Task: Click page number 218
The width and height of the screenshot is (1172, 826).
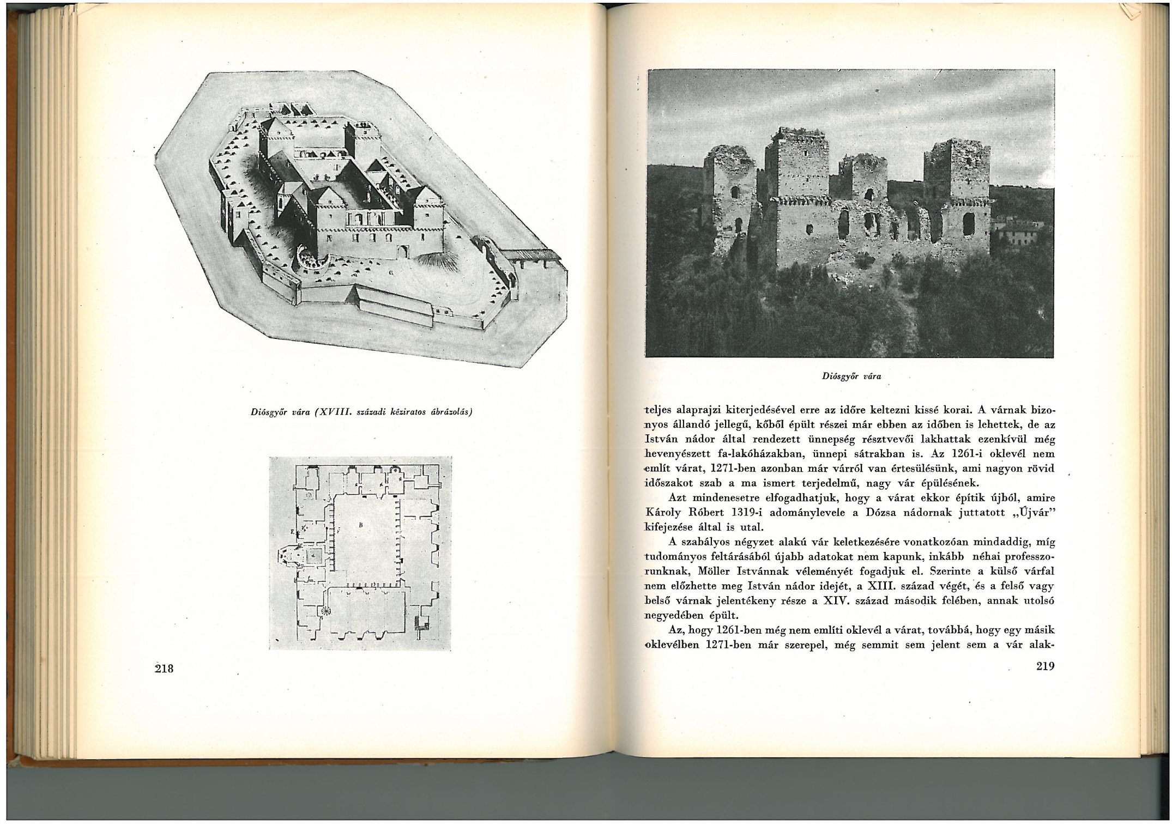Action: [164, 669]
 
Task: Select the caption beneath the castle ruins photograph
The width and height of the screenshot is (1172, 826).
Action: [851, 376]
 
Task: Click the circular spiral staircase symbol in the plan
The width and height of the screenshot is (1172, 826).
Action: [326, 611]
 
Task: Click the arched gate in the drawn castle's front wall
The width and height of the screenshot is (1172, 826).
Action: [403, 251]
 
